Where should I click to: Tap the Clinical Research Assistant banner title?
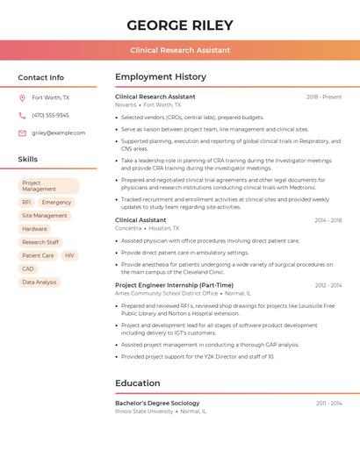click(180, 50)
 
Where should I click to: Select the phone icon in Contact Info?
click(22, 115)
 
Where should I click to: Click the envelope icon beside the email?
click(22, 132)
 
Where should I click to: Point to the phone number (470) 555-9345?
click(50, 115)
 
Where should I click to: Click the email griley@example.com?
click(59, 132)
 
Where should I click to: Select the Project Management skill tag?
click(49, 186)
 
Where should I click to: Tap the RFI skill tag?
click(26, 203)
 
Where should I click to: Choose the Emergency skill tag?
click(56, 203)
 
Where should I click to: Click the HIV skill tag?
click(69, 255)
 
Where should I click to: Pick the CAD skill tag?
click(28, 268)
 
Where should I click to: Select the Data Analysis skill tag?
click(40, 283)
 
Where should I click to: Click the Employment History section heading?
click(161, 77)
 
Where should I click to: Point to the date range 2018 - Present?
click(324, 97)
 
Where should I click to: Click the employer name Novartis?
click(126, 104)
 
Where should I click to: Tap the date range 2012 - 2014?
click(328, 285)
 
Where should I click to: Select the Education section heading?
click(138, 383)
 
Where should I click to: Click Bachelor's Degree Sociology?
click(157, 403)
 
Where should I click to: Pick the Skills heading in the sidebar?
click(28, 159)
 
